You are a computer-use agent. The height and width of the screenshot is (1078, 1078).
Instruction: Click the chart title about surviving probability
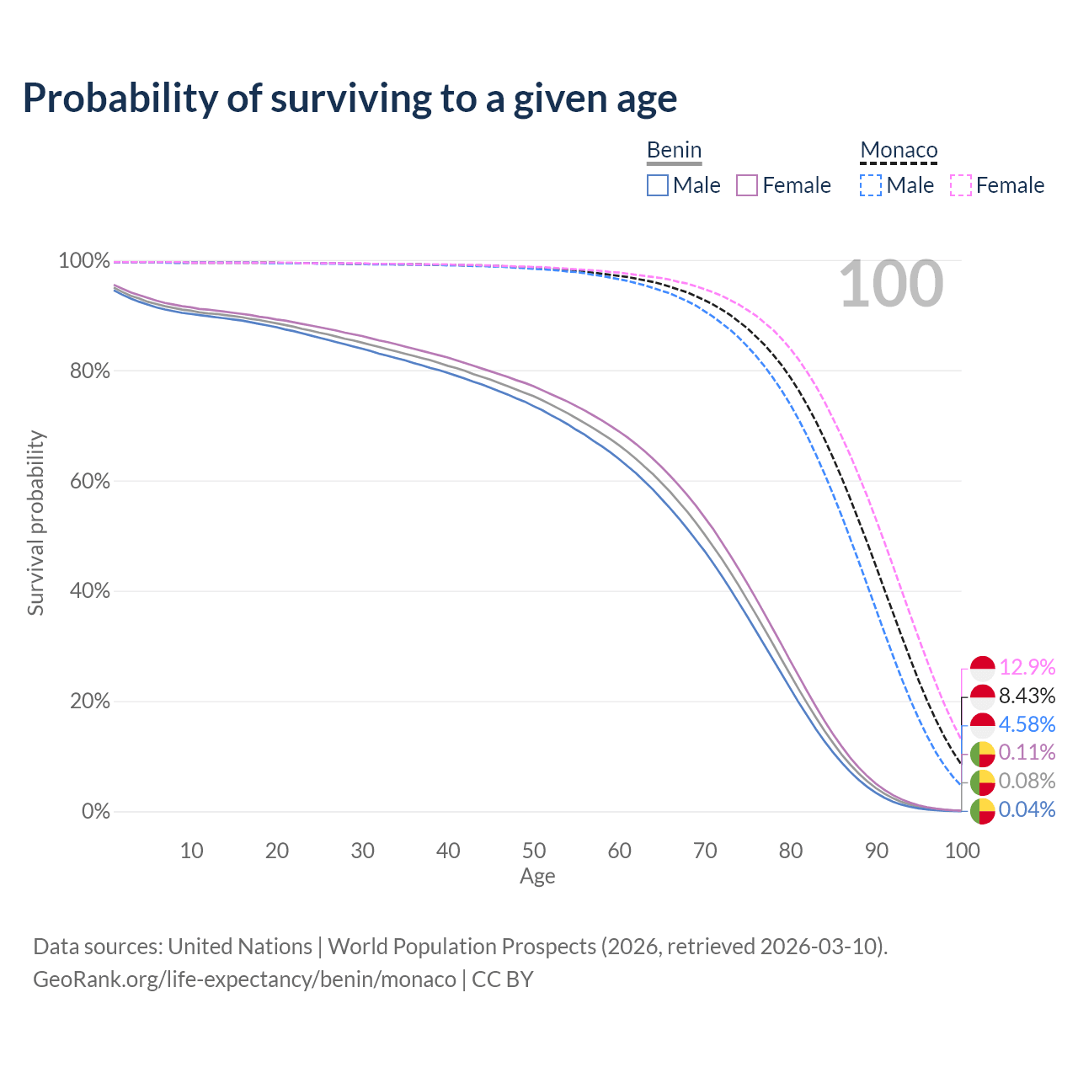coord(350,99)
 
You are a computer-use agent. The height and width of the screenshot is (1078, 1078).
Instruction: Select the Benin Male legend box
coord(658,185)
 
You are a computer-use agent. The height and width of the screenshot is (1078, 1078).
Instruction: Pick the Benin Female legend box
coord(748,185)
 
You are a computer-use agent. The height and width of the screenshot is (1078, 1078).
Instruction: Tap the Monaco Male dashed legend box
coord(871,185)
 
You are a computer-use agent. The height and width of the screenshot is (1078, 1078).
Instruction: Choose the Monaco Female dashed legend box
coord(961,185)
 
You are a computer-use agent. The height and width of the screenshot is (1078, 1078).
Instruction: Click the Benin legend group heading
coord(674,151)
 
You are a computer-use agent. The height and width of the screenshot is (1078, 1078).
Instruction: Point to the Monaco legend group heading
coord(899,151)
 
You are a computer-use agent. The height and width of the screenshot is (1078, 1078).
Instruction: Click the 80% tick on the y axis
coord(84,371)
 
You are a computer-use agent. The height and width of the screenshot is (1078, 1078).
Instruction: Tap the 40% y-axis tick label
coord(84,591)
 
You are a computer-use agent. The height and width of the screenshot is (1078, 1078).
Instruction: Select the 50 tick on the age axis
coord(534,851)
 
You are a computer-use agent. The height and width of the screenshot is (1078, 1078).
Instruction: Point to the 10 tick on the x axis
coord(192,851)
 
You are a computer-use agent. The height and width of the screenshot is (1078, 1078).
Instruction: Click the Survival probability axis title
coord(35,523)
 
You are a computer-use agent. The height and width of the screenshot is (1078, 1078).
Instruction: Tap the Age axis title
coord(537,877)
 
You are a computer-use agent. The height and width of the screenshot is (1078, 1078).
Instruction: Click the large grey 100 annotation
coord(891,285)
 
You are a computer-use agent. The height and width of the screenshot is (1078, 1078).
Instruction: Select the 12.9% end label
coord(1027,668)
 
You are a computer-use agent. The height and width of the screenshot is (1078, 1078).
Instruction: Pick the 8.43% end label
coord(1027,696)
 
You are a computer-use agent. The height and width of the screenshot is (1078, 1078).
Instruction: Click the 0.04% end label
coord(1027,810)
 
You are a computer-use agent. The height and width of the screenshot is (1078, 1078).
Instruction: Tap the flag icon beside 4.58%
coord(983,725)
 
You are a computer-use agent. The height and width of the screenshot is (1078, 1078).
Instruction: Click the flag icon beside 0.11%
coord(983,754)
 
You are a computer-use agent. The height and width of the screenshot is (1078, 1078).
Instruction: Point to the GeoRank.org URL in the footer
coord(244,979)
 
